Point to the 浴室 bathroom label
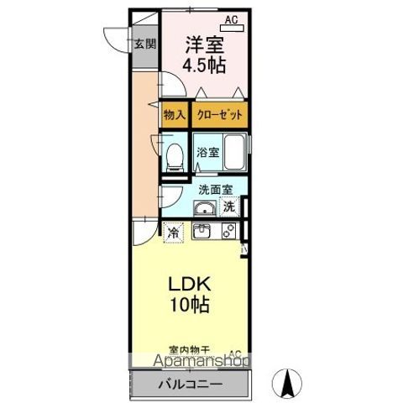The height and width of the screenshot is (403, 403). click(208, 153)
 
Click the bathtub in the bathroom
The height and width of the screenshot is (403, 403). click(235, 152)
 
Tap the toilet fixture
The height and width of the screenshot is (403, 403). click(175, 156)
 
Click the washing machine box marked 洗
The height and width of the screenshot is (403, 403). click(229, 207)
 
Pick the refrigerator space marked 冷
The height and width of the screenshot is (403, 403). click(173, 231)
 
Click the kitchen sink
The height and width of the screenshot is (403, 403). click(203, 231)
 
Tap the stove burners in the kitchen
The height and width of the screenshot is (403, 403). click(228, 232)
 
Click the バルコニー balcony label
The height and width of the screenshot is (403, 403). click(191, 385)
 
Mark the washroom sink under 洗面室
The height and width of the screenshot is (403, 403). click(202, 207)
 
